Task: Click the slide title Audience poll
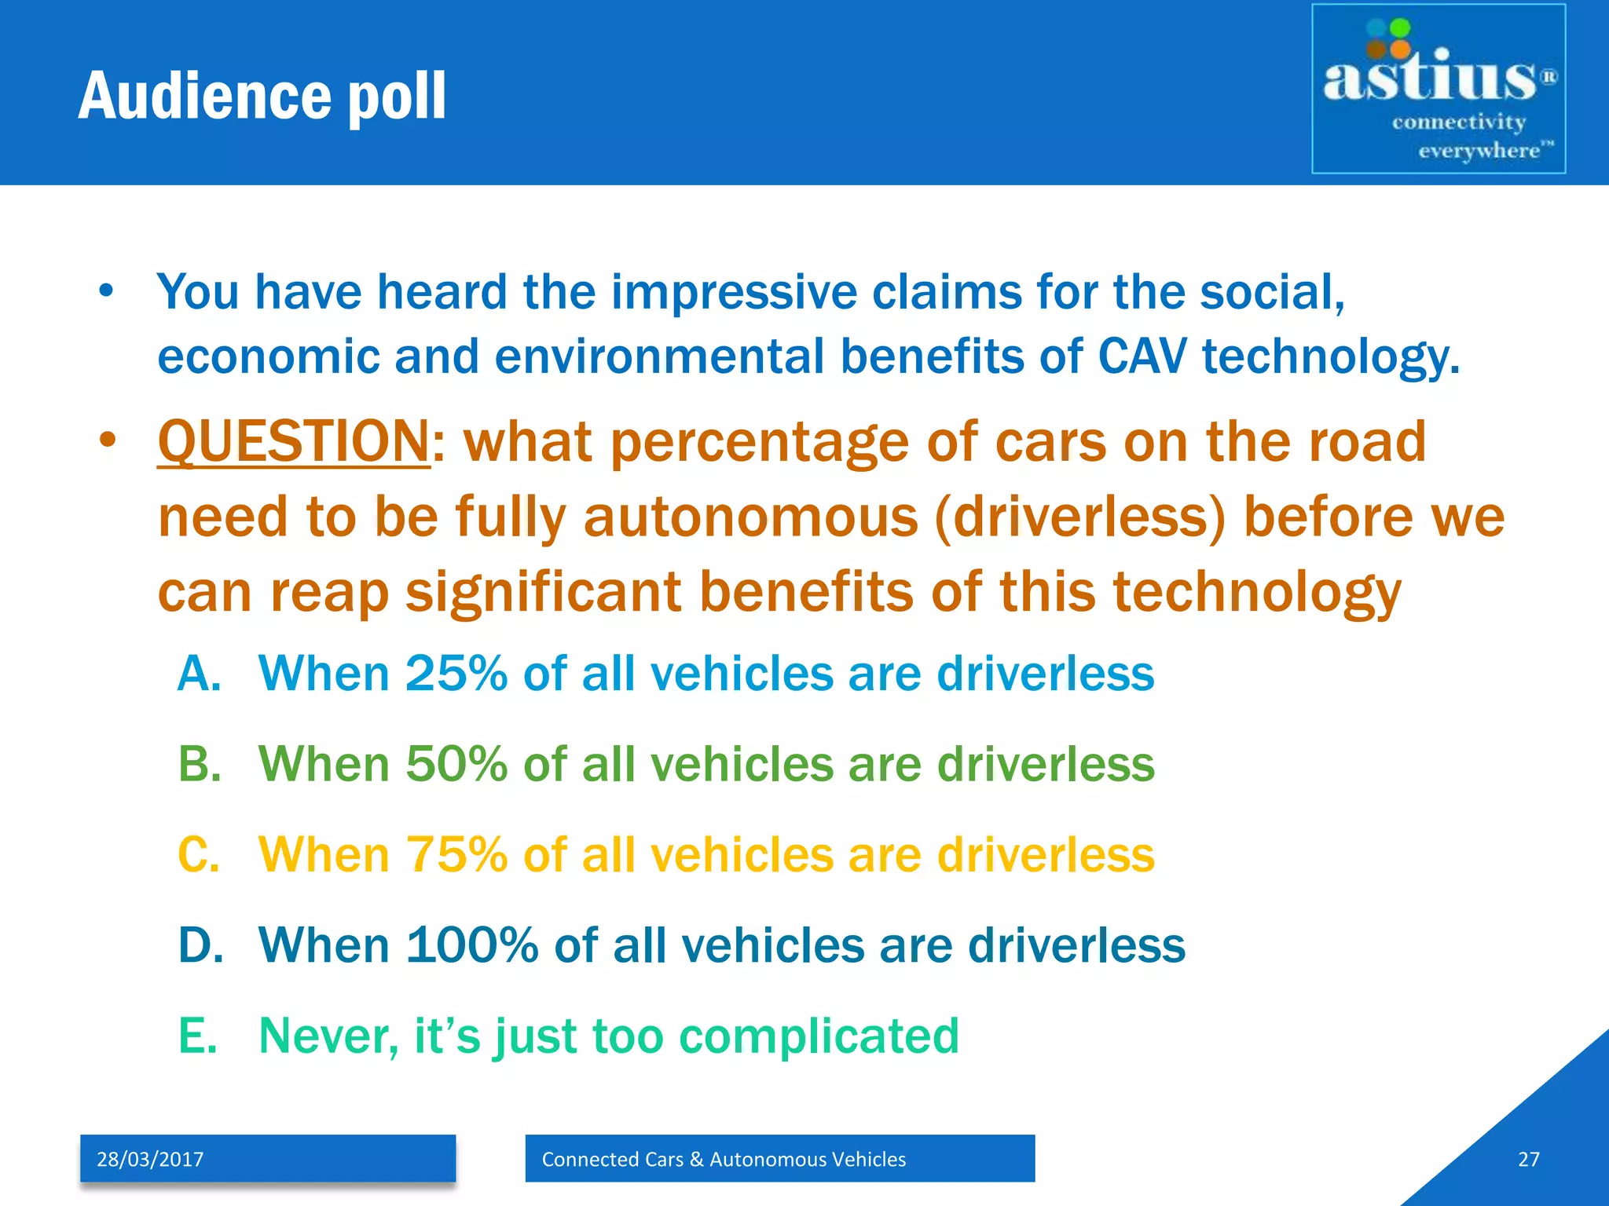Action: [x=262, y=96]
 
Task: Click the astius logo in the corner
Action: [x=1438, y=88]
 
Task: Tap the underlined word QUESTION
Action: [x=293, y=441]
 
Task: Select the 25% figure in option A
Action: [x=456, y=674]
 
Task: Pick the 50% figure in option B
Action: [x=456, y=764]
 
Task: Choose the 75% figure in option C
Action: [x=456, y=854]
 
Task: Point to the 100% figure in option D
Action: [x=471, y=945]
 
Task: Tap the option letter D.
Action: [x=200, y=945]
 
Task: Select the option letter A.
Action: [x=199, y=674]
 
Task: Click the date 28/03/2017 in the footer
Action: [x=150, y=1159]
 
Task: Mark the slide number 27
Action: [x=1528, y=1159]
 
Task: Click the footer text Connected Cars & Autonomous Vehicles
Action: [x=723, y=1159]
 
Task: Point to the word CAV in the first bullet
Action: [x=1142, y=356]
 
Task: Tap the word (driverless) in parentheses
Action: [x=1080, y=517]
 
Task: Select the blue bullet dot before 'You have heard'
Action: [x=106, y=292]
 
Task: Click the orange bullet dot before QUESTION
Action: [x=107, y=440]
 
